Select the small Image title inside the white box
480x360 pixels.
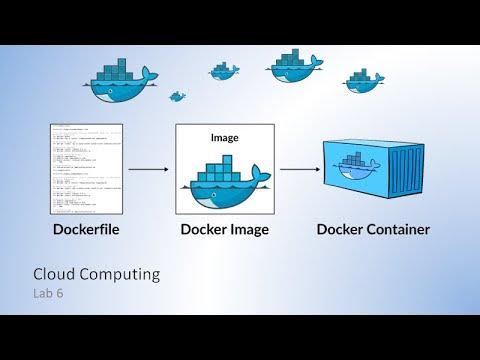pyautogui.click(x=224, y=137)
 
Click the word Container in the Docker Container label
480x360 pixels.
pyautogui.click(x=395, y=230)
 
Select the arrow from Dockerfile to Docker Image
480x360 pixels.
pyautogui.click(x=147, y=170)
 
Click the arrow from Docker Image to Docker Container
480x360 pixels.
pyautogui.click(x=299, y=170)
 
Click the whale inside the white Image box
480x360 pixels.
pyautogui.click(x=224, y=180)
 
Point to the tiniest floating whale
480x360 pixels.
pyautogui.click(x=178, y=97)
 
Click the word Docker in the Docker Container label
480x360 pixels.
pyautogui.click(x=337, y=230)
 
